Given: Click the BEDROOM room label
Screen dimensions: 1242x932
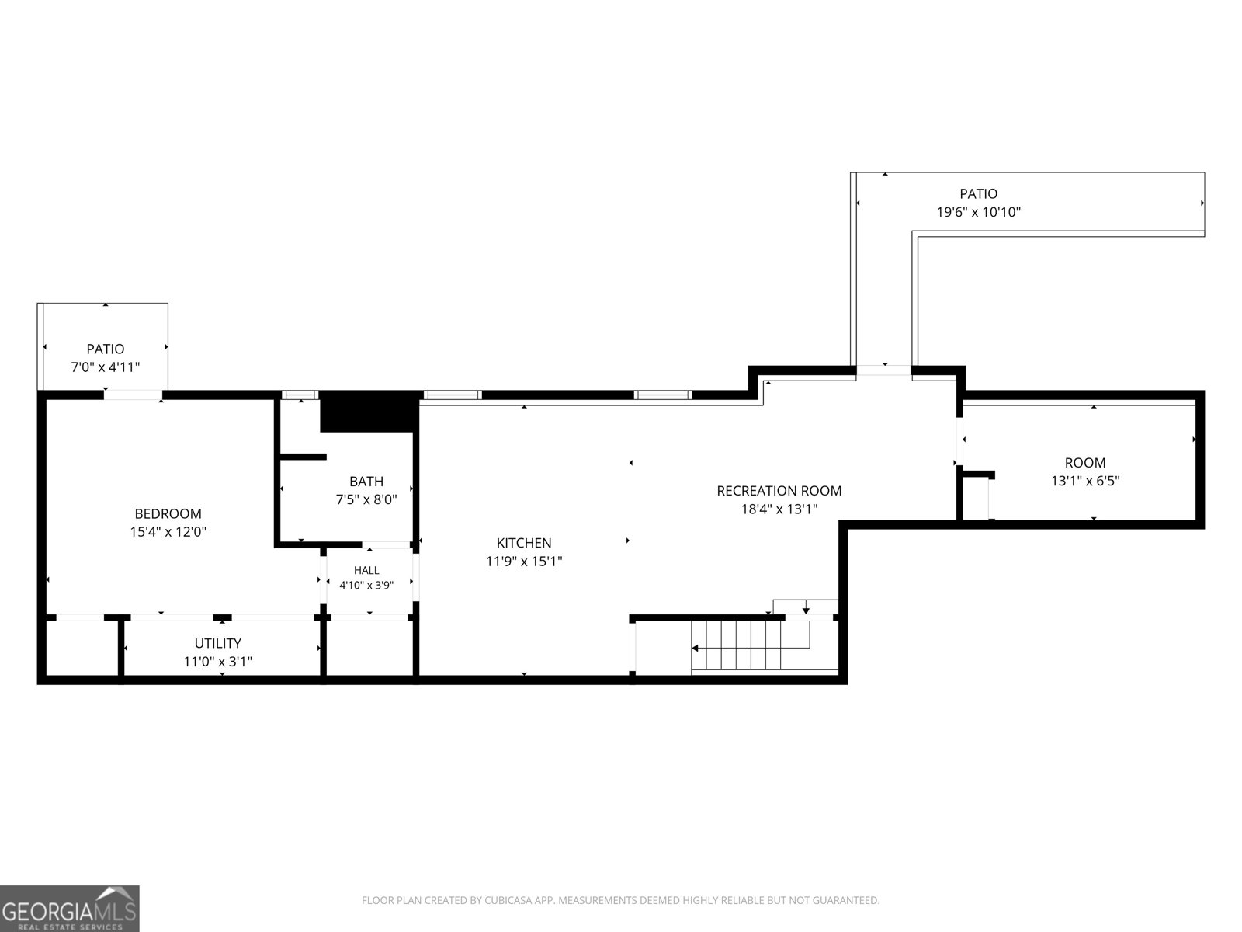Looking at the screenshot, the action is pyautogui.click(x=168, y=513).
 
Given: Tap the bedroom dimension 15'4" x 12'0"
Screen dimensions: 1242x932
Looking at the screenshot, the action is pyautogui.click(x=168, y=531).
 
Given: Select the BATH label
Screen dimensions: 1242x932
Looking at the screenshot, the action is pyautogui.click(x=366, y=481).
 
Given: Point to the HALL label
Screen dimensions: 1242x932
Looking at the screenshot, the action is pyautogui.click(x=366, y=570).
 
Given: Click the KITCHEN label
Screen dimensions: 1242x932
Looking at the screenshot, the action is pyautogui.click(x=523, y=543).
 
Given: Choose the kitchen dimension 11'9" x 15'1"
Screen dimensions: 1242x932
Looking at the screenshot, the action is pyautogui.click(x=524, y=561).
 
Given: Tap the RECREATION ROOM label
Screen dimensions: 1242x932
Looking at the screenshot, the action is pyautogui.click(x=779, y=491).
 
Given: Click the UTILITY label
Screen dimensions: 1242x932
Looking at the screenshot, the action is pyautogui.click(x=218, y=643).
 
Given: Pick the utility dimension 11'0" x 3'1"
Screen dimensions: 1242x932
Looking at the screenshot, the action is pyautogui.click(x=218, y=661).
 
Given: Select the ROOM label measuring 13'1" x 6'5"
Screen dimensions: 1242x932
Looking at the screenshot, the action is pyautogui.click(x=1084, y=462).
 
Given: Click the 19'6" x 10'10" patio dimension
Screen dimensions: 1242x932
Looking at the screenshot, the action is pyautogui.click(x=978, y=211).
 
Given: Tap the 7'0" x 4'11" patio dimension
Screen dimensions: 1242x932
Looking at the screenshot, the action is pyautogui.click(x=106, y=367).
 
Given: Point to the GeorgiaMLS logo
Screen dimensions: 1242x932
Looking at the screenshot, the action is pyautogui.click(x=70, y=908).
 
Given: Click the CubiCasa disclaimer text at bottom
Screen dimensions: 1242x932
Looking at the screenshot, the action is pyautogui.click(x=621, y=900).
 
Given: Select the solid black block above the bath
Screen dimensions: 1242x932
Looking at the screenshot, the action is pyautogui.click(x=369, y=411).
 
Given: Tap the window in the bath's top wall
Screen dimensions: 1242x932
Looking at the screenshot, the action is pyautogui.click(x=300, y=395).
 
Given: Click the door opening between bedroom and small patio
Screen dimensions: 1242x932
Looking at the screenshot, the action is pyautogui.click(x=133, y=395).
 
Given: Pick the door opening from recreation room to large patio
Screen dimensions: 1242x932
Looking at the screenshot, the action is pyautogui.click(x=883, y=370).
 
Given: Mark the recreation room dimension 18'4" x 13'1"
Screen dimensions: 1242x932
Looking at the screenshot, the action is pyautogui.click(x=779, y=509).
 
